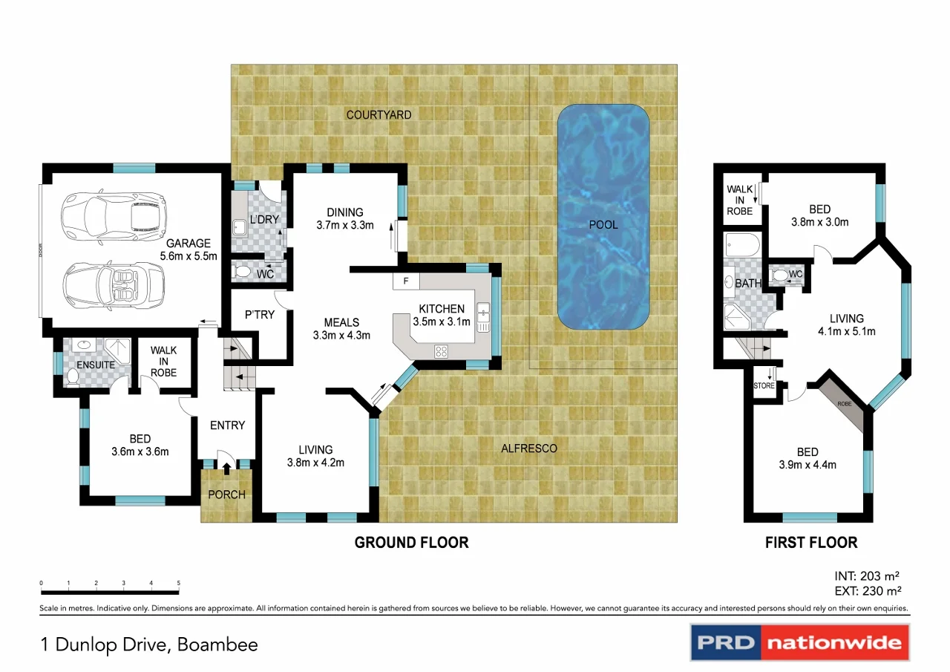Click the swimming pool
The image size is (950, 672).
tap(604, 217)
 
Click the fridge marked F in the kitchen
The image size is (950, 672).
tap(406, 281)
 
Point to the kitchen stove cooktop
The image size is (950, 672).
tap(440, 351)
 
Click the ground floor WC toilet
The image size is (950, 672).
tap(242, 272)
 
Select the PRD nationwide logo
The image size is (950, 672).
tap(799, 642)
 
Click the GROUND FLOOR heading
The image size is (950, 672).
tap(411, 543)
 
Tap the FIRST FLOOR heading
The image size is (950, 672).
tap(811, 543)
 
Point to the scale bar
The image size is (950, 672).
tap(110, 591)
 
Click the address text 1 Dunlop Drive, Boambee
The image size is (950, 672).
tap(150, 644)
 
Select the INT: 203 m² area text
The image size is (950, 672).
tap(867, 575)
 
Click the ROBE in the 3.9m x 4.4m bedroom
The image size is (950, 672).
tap(844, 404)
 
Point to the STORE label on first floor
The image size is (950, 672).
tap(764, 386)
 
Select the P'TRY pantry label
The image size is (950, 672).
tap(260, 315)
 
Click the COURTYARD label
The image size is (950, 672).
tap(379, 115)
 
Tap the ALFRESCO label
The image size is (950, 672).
tap(528, 448)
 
